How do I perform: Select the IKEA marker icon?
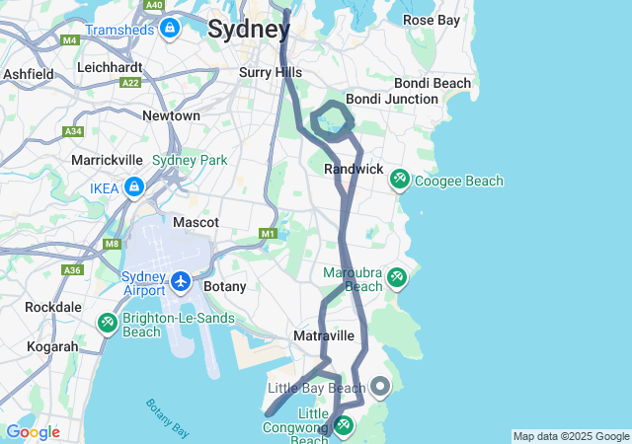coord(134,187)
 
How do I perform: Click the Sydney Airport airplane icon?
coord(180,283)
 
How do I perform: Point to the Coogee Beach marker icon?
coord(400,180)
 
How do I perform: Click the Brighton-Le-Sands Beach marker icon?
coord(107,324)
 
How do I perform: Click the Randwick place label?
coord(354,170)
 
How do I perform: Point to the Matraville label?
coord(324,336)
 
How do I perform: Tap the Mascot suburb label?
coord(196,223)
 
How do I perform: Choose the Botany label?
coord(224,286)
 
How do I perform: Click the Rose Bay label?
coord(432,20)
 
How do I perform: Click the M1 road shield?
coord(268,233)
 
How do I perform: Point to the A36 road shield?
coord(72,269)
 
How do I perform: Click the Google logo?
coord(33,432)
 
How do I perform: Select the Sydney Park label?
coord(190,160)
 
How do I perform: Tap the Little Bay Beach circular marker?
coord(378,387)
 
